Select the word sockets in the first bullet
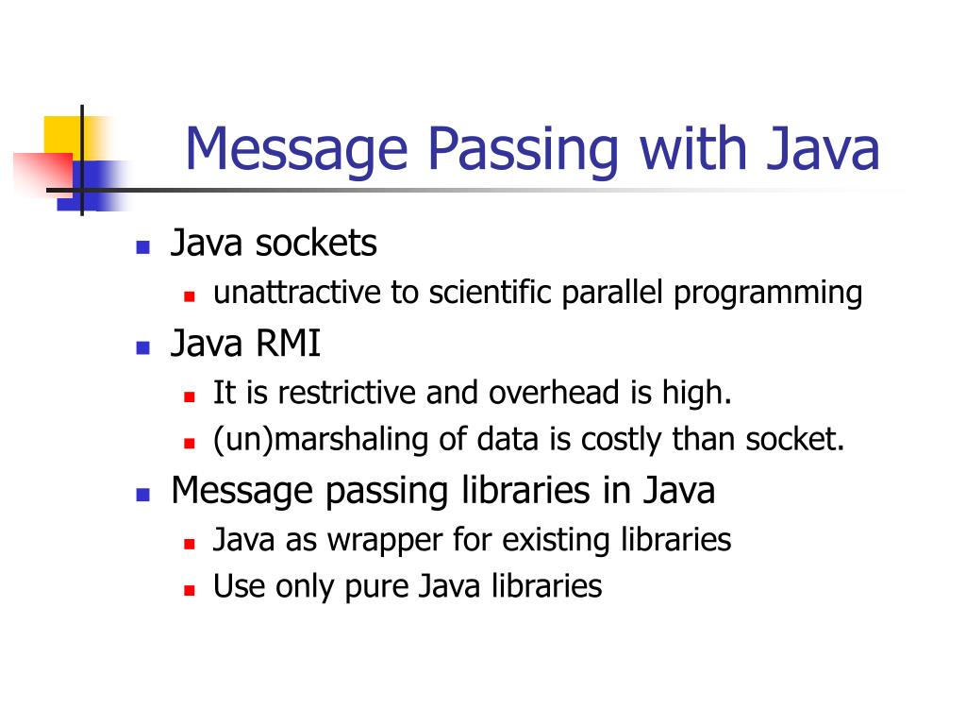pyautogui.click(x=316, y=244)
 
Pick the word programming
pyautogui.click(x=768, y=295)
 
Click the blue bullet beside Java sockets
pyautogui.click(x=143, y=248)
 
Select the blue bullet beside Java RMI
pyautogui.click(x=143, y=347)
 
